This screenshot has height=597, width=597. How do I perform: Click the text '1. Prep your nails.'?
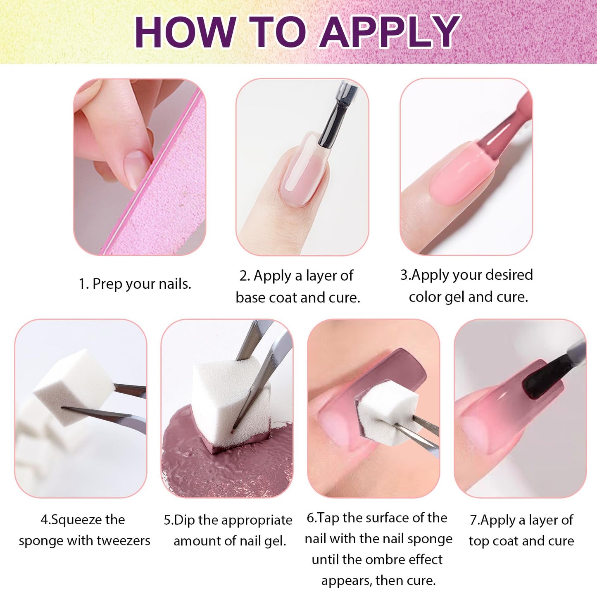click(x=135, y=284)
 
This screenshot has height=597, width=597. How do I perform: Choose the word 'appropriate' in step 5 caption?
click(x=257, y=520)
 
